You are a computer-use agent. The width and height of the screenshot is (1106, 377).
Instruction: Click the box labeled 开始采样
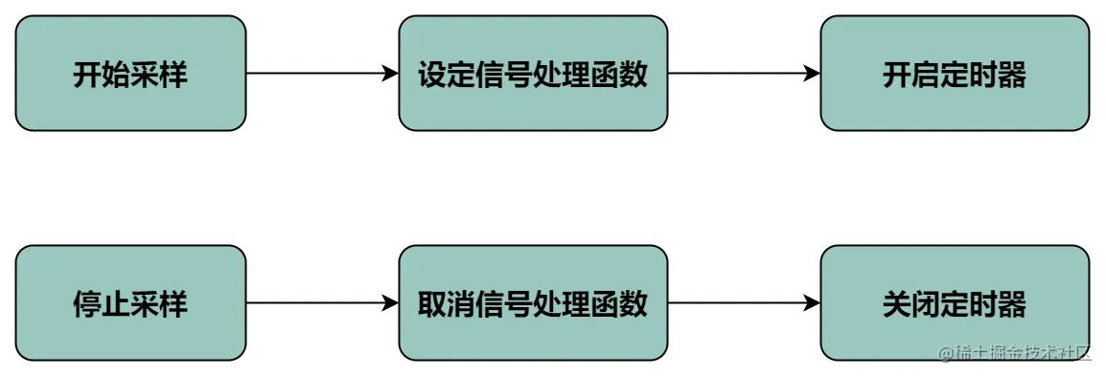130,73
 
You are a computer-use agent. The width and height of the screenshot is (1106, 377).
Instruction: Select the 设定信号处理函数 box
533,73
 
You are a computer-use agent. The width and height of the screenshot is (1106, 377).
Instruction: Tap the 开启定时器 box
955,73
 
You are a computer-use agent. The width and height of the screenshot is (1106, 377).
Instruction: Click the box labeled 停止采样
130,303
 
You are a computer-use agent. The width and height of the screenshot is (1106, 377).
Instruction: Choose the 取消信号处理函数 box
533,303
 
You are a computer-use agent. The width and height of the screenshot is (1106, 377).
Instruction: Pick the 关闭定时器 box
955,303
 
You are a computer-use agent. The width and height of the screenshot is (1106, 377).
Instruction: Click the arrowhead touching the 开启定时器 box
812,73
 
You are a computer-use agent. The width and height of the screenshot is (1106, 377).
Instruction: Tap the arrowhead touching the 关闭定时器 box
812,303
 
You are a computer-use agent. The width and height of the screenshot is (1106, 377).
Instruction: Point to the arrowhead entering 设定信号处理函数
390,73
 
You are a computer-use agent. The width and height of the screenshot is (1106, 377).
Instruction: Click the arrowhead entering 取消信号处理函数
390,303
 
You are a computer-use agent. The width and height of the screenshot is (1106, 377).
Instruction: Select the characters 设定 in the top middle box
447,74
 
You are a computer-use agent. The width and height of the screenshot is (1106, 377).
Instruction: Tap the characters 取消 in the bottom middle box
447,304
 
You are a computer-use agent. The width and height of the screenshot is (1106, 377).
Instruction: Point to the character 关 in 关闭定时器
897,304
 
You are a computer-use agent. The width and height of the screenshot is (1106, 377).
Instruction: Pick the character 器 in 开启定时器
1012,74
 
